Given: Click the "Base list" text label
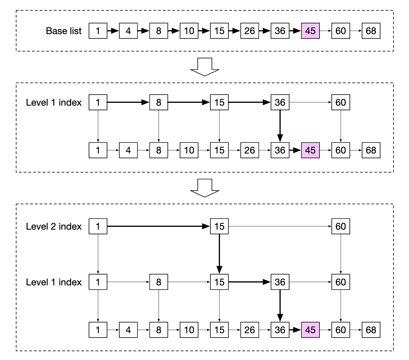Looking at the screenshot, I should click(64, 31).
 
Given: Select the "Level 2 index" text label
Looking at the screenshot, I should click(54, 226).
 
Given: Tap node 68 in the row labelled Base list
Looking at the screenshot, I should click(371, 31).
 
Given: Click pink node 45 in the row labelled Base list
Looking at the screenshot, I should click(310, 31).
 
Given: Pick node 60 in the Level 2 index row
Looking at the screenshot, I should click(340, 226).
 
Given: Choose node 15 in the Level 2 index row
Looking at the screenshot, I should click(219, 226).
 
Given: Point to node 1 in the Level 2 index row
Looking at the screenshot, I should click(98, 226).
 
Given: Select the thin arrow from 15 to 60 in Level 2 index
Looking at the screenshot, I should click(280, 226).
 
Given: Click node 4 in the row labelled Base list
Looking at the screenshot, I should click(128, 31).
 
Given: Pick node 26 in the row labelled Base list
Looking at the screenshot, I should click(250, 31).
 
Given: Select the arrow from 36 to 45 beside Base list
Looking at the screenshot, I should click(295, 31).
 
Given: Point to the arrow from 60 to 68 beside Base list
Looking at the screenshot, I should click(356, 31).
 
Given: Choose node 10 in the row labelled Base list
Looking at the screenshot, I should click(189, 31).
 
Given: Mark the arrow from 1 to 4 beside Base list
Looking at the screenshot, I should click(113, 31).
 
